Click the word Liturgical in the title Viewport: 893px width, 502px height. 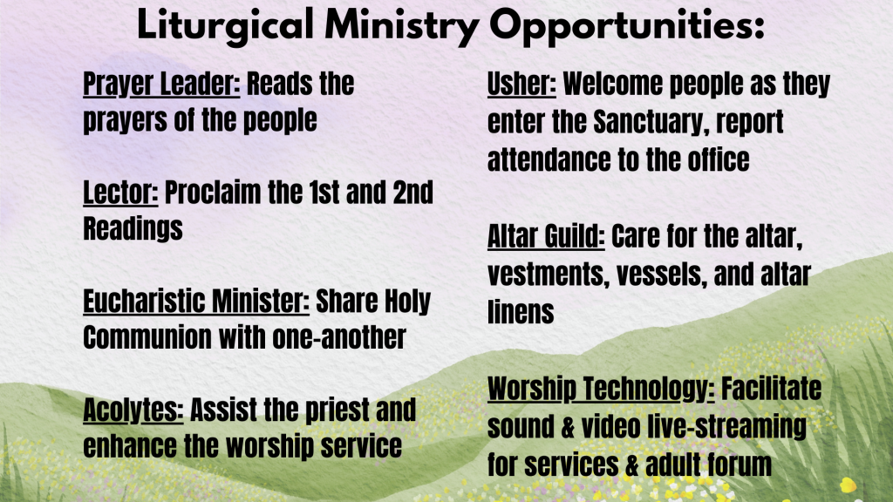click(x=225, y=26)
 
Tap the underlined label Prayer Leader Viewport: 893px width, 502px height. click(x=161, y=85)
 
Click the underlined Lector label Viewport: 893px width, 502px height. click(x=120, y=193)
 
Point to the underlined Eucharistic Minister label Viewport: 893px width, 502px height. click(x=196, y=301)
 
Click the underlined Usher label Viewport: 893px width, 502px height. click(x=521, y=85)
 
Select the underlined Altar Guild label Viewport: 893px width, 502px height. click(x=546, y=236)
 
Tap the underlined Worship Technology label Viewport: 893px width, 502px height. click(x=601, y=390)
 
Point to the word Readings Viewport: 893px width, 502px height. click(x=133, y=229)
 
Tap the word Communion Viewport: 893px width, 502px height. click(x=147, y=337)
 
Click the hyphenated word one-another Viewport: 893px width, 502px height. click(x=339, y=337)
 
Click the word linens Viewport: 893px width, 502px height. click(x=521, y=313)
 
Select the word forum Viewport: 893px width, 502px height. click(x=740, y=465)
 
